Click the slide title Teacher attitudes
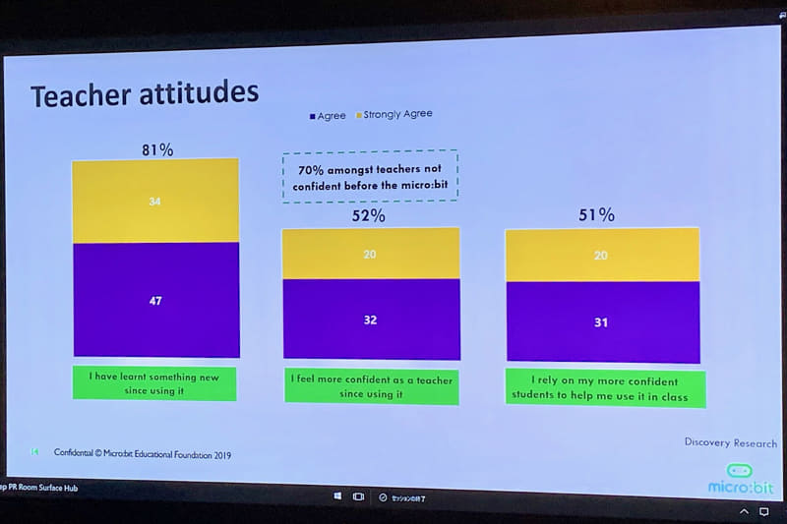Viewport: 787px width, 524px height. point(144,94)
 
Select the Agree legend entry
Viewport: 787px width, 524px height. point(327,116)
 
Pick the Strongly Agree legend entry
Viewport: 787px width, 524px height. point(393,114)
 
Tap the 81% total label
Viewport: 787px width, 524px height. point(157,149)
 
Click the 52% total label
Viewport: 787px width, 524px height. point(369,215)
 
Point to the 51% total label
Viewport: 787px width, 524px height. point(597,214)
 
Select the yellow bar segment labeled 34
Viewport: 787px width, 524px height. point(155,202)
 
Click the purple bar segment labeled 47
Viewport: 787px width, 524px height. point(155,300)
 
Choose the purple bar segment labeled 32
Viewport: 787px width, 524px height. point(371,320)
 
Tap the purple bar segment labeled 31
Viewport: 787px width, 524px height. point(601,322)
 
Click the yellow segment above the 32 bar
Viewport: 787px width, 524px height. point(370,254)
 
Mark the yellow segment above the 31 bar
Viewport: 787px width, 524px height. point(601,256)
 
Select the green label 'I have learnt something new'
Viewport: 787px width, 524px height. point(154,383)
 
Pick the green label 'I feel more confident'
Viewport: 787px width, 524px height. point(372,385)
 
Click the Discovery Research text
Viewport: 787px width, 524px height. point(730,442)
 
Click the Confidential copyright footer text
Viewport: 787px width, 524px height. point(144,454)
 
